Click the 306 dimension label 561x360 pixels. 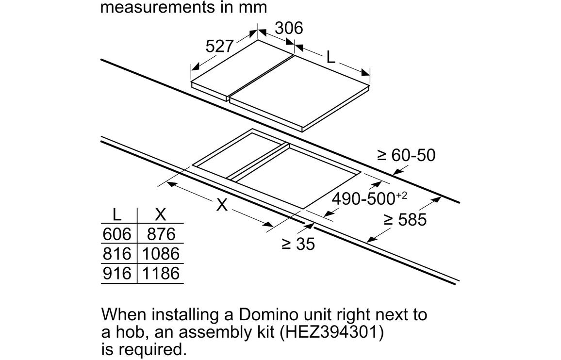289,28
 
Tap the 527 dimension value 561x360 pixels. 220,46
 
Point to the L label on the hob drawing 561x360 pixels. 331,57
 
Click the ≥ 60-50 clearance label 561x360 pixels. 406,155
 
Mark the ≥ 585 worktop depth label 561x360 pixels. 405,219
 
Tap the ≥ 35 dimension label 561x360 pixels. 298,244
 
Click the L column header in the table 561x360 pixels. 116,215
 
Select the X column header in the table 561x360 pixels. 161,215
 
